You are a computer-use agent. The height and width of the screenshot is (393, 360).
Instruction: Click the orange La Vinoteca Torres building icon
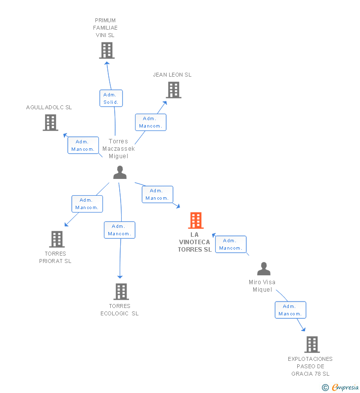[196, 220]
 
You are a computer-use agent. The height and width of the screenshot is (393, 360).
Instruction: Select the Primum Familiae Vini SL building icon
[106, 50]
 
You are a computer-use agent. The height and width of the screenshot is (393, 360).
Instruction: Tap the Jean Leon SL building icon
[173, 90]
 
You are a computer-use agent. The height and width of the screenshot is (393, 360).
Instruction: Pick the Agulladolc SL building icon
[50, 123]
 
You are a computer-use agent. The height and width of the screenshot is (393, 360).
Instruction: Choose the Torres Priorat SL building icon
[57, 239]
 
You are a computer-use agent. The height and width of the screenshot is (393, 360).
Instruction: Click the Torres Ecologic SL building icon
[121, 292]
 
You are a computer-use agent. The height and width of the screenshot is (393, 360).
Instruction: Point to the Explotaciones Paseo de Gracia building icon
[312, 345]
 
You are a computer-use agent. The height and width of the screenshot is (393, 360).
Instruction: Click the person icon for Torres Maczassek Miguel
[120, 173]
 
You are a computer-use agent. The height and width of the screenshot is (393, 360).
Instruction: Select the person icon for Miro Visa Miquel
[264, 269]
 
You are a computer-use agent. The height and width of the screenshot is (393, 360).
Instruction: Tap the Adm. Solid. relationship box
[111, 98]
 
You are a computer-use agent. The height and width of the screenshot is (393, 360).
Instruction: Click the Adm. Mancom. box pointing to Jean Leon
[150, 122]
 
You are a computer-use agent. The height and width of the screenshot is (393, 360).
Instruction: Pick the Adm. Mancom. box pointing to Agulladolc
[83, 145]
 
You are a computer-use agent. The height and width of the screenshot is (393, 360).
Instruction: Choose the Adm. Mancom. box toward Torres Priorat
[87, 204]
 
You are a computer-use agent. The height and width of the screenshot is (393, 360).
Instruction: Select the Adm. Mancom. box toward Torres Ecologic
[119, 230]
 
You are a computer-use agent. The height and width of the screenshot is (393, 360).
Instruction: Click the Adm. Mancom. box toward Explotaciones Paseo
[290, 310]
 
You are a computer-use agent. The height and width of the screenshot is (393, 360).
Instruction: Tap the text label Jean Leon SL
[172, 75]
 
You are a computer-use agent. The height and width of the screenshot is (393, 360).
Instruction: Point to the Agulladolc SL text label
[49, 107]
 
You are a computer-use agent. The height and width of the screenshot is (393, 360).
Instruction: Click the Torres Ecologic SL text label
[120, 309]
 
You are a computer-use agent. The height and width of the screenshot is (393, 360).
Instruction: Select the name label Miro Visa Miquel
[262, 286]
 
